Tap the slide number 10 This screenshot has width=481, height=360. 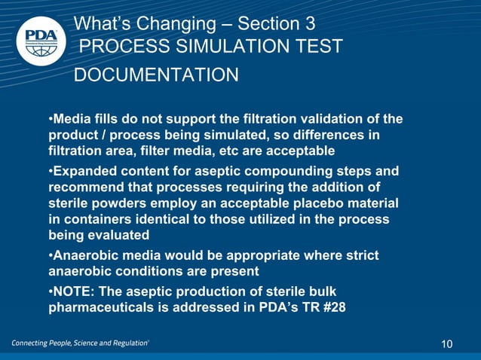click(x=447, y=344)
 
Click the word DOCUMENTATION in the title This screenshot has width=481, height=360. click(x=156, y=75)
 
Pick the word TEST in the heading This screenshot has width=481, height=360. click(x=318, y=47)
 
